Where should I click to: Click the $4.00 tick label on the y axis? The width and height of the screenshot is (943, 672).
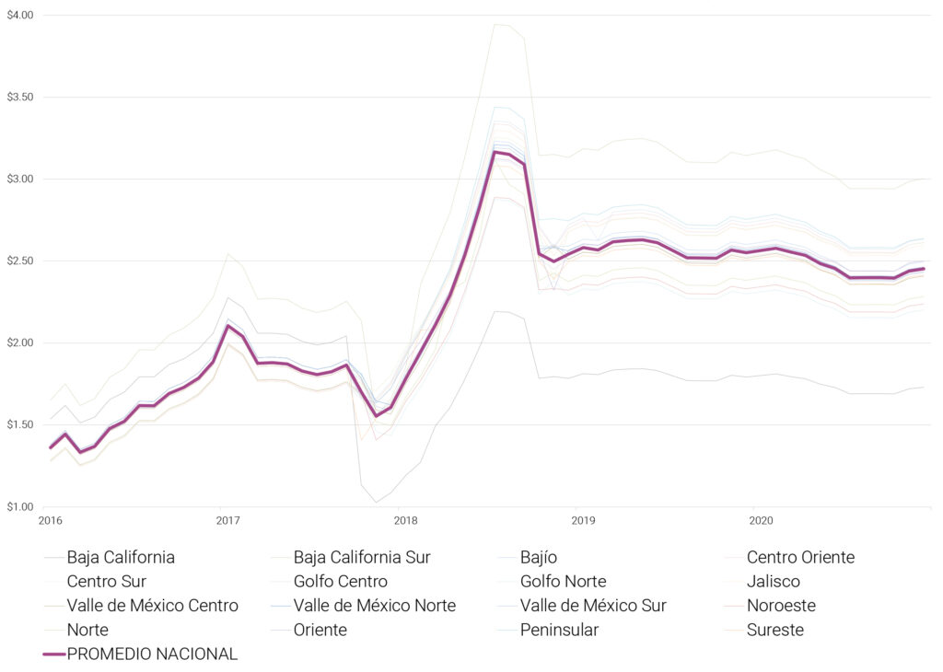[19, 16]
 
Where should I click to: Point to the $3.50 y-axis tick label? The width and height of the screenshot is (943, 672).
[19, 97]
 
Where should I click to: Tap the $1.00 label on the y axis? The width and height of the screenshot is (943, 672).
[19, 506]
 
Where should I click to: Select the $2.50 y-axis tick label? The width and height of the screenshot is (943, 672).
[19, 261]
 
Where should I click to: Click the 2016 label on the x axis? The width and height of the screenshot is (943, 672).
[50, 521]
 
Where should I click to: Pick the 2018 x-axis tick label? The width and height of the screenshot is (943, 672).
[405, 521]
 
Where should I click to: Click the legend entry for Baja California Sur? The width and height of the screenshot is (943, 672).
[362, 557]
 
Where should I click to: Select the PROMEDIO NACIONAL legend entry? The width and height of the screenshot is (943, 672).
[152, 654]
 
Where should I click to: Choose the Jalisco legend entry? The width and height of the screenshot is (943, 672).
[773, 581]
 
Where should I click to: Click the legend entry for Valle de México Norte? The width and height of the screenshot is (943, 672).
[374, 606]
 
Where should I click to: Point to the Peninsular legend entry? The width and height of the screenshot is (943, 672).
[559, 630]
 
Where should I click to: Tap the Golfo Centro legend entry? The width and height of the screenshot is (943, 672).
[340, 581]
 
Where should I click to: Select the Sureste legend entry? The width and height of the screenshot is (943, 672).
[774, 630]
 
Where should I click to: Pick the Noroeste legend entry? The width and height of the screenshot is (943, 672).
[781, 606]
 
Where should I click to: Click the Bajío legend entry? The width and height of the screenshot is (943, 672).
[538, 557]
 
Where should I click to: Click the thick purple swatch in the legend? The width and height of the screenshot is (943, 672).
[54, 654]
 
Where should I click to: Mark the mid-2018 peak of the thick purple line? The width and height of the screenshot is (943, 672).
[495, 152]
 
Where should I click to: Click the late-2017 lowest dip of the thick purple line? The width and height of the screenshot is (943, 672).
[376, 415]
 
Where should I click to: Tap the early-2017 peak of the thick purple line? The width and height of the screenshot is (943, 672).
[227, 325]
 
